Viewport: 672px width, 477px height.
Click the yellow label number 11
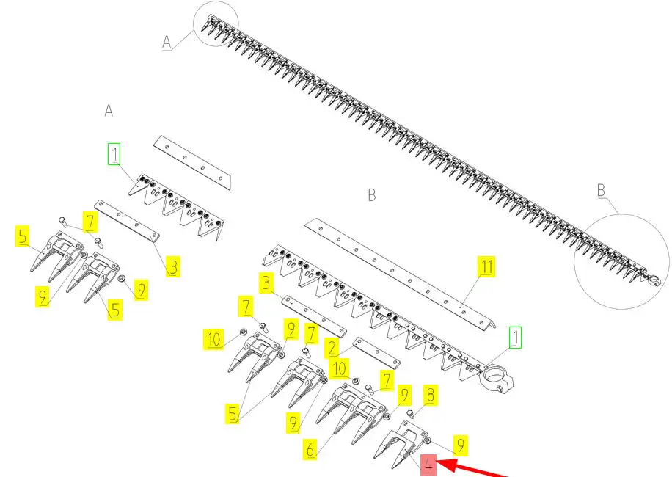486,266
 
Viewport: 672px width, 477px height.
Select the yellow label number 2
332,348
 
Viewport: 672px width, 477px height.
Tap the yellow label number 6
310,448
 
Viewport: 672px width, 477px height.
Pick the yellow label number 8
431,395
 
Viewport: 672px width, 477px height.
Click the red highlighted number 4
428,465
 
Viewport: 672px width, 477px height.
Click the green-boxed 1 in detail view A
114,154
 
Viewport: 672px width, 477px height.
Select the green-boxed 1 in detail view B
516,338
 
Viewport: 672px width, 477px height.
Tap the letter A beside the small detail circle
167,42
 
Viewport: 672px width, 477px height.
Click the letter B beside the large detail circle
601,190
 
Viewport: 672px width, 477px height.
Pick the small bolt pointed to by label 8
411,415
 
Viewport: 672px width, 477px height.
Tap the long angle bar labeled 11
400,274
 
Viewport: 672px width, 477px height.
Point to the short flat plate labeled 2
376,354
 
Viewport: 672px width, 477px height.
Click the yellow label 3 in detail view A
172,266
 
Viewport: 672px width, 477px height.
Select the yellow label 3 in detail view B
266,283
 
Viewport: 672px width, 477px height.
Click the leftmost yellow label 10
213,340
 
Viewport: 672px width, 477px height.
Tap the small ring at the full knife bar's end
654,281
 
